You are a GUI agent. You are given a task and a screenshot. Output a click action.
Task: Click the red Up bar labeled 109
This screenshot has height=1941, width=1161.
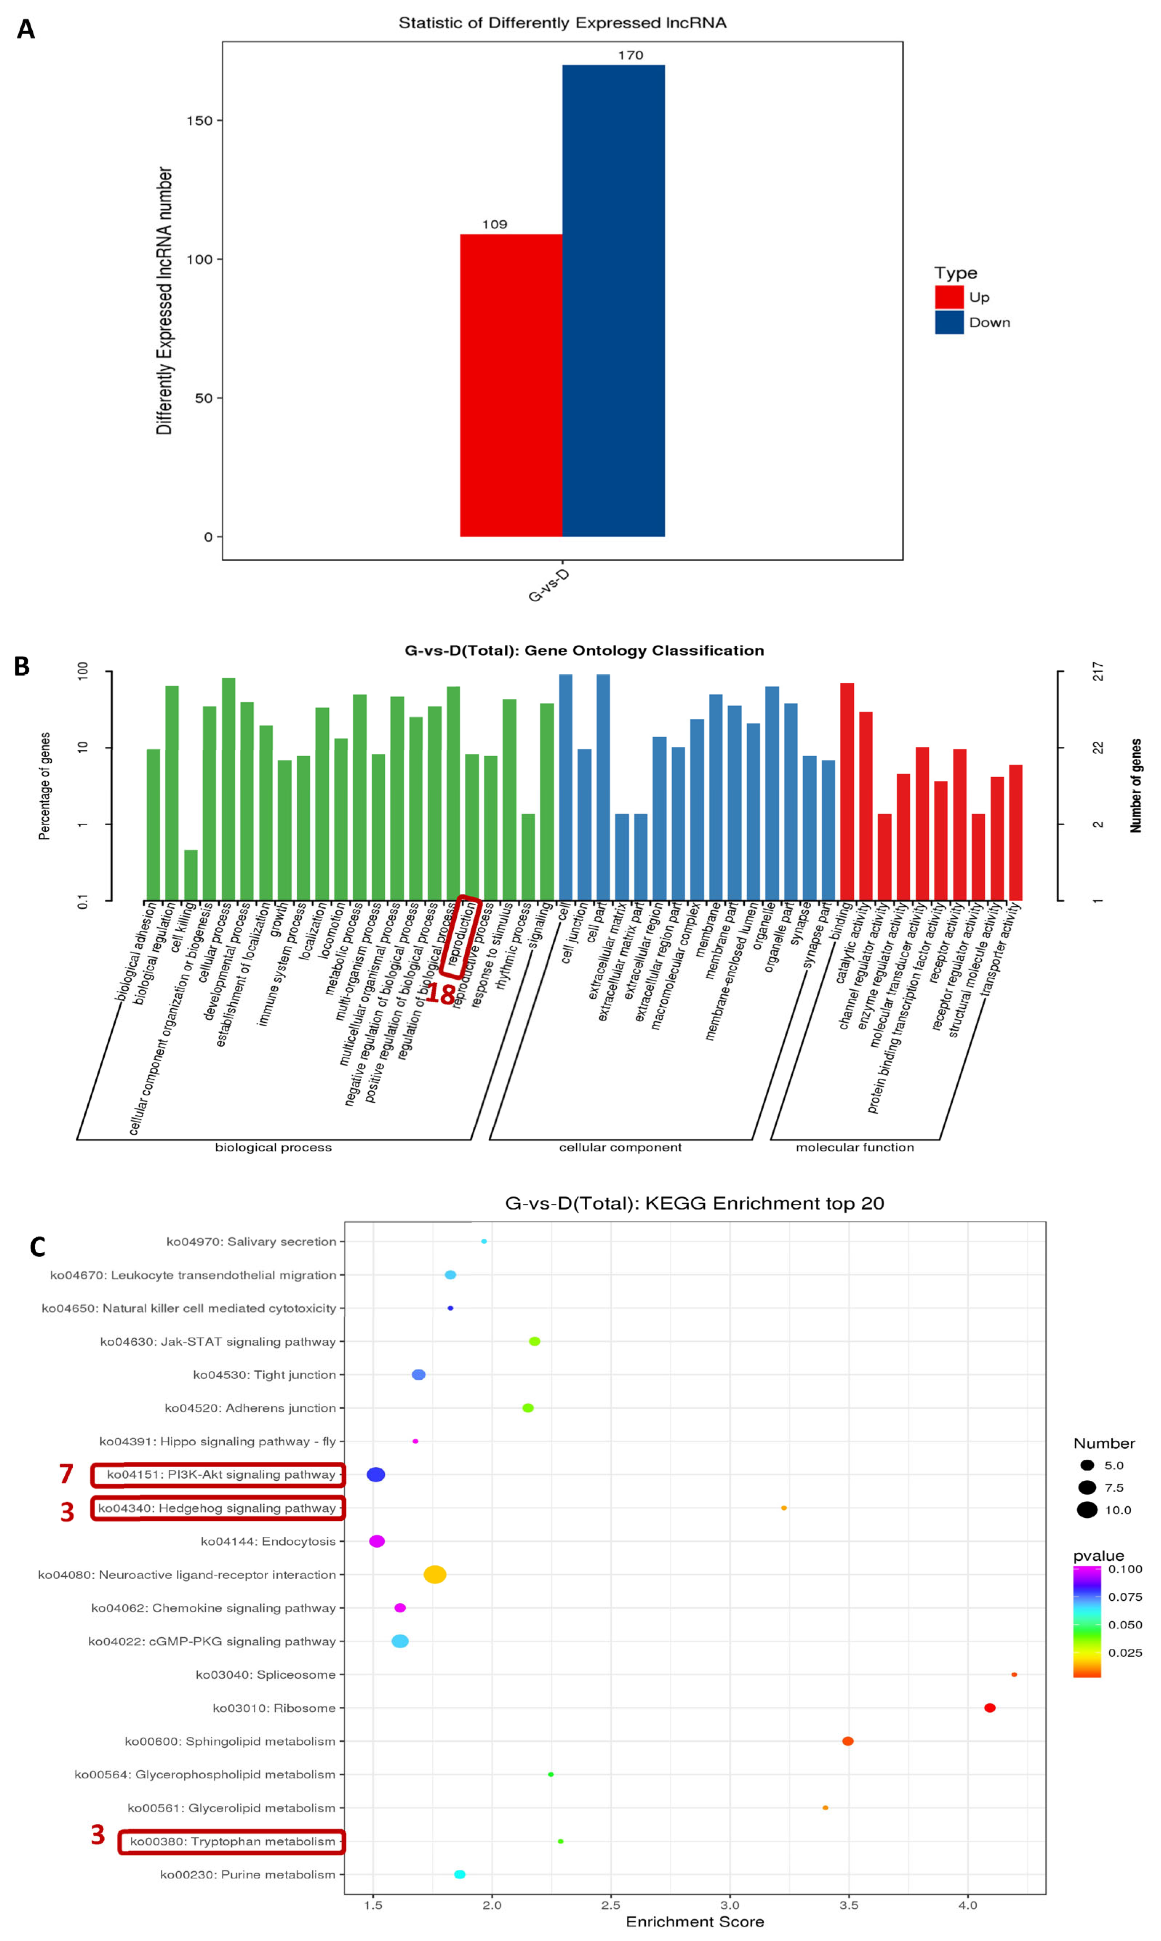coord(511,385)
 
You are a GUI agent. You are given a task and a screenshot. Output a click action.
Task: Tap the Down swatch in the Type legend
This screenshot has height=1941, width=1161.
coord(949,322)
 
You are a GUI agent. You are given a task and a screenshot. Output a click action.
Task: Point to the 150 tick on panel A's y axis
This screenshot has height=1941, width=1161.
coord(200,120)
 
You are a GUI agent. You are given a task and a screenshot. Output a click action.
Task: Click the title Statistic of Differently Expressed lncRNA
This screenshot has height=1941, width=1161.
coord(563,23)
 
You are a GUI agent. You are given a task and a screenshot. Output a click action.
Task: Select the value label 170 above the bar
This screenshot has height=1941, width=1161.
coord(630,55)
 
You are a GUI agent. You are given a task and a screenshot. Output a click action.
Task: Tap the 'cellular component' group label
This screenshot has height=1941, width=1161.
coord(620,1147)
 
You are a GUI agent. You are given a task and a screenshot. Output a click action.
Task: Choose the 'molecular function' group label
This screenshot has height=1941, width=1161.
coord(854,1147)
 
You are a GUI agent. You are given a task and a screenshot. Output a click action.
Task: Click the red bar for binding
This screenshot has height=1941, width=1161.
coord(846,791)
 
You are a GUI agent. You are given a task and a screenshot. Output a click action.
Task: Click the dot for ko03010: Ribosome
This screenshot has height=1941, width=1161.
coord(990,1708)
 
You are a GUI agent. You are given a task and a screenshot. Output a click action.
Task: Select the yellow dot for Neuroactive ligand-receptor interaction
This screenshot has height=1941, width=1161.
coord(435,1574)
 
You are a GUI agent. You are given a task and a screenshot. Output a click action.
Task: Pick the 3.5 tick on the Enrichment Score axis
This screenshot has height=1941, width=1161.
coord(849,1905)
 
